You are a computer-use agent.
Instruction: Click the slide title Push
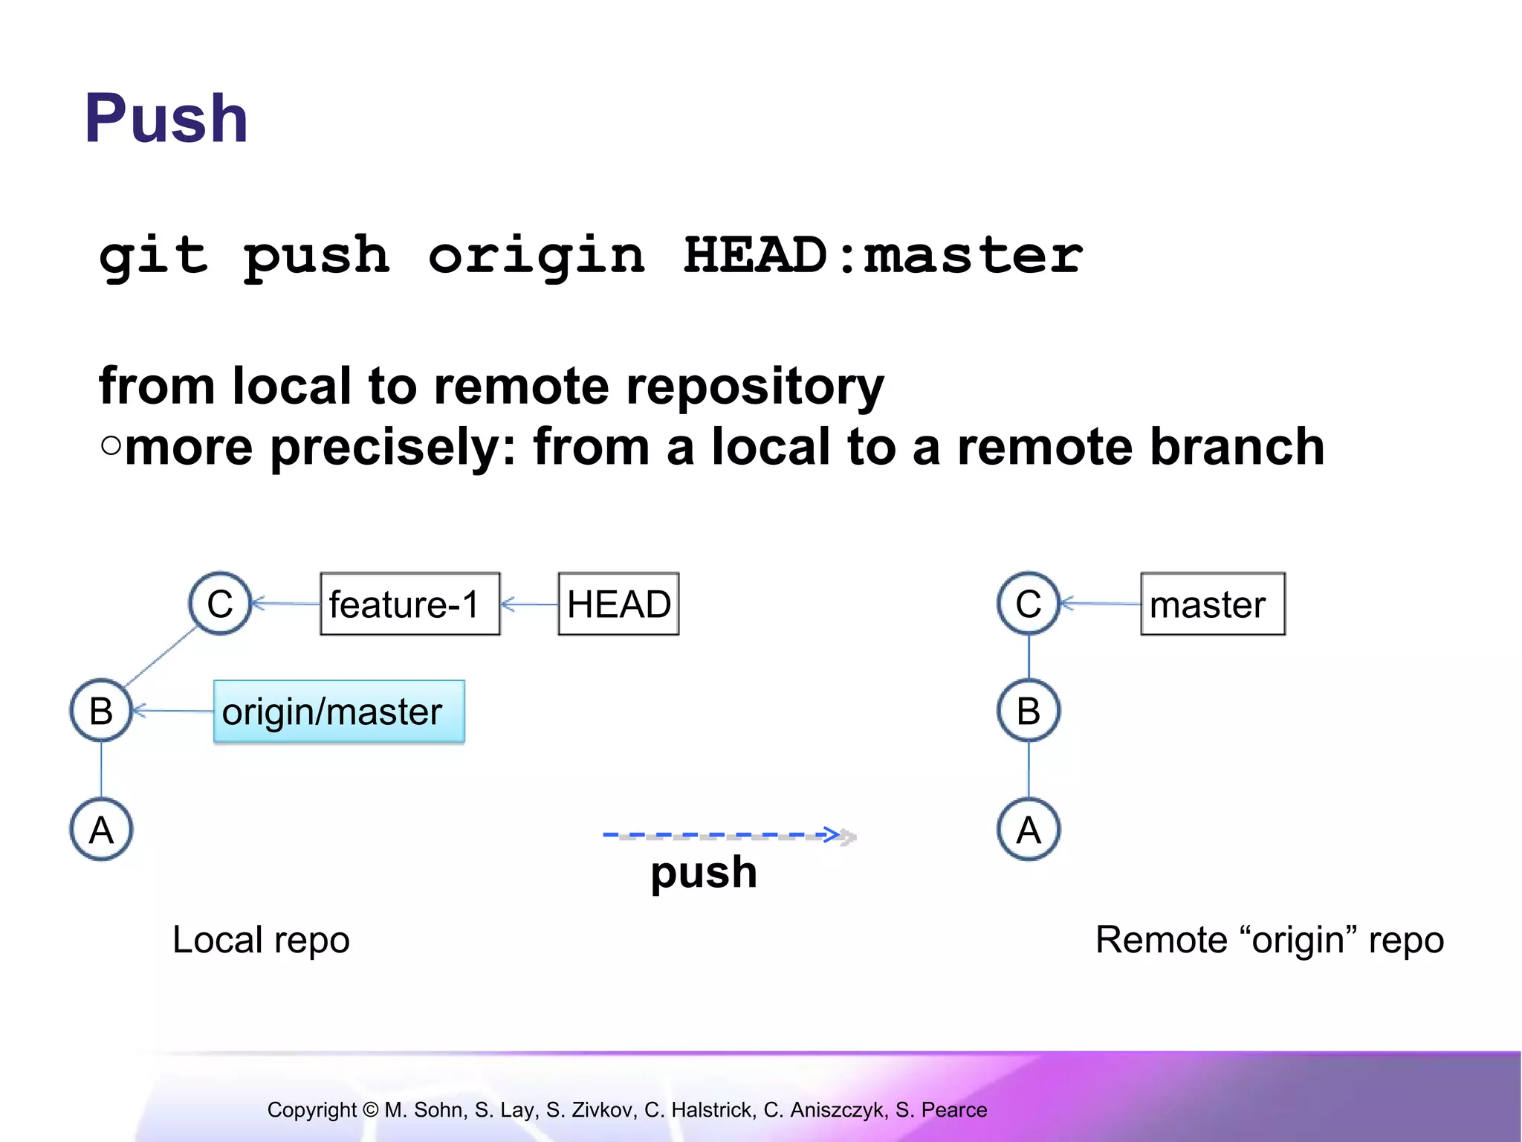pos(166,118)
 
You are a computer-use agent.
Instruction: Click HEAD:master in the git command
pos(882,255)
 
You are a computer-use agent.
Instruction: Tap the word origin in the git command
pos(536,255)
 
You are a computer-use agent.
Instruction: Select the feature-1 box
pos(409,604)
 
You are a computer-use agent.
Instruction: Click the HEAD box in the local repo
pos(618,604)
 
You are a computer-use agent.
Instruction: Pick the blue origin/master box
pos(339,712)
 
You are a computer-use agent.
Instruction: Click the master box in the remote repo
pos(1212,604)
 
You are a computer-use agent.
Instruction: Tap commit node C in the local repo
pos(220,603)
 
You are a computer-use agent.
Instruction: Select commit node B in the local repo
pos(101,711)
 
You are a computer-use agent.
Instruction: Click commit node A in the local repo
pos(101,829)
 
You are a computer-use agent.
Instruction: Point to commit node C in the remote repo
pos(1029,603)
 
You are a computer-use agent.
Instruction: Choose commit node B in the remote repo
pos(1029,711)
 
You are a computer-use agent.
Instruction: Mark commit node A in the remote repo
pos(1029,829)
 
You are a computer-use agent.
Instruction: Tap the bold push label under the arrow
pos(703,873)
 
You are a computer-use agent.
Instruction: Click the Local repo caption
pos(261,940)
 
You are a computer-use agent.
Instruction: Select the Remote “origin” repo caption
pos(1269,940)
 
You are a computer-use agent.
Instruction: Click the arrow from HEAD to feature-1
pos(529,604)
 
